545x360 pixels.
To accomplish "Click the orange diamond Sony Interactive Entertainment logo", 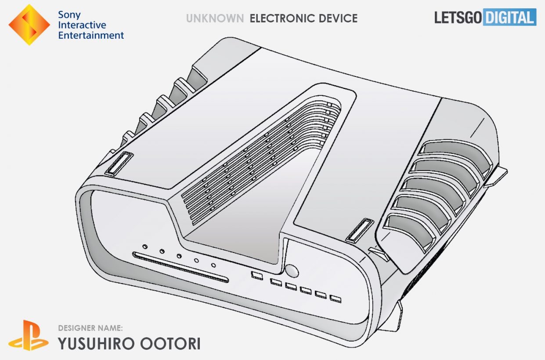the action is click(29, 25).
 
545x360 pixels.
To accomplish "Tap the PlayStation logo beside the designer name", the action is click(29, 335).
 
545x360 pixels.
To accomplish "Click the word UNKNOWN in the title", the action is click(215, 18).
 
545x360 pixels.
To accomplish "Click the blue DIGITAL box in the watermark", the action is click(509, 17).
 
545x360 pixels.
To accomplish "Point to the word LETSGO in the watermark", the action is click(458, 18).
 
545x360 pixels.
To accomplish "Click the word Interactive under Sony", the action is click(82, 25).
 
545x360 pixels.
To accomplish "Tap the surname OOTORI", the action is click(170, 343).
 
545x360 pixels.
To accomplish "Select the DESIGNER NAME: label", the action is click(90, 328).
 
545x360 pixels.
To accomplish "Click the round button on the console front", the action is click(292, 271).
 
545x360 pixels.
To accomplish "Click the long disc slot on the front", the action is click(180, 267).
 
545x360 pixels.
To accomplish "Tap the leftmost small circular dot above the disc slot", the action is click(145, 247).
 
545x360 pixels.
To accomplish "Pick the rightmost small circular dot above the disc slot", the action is click(213, 265).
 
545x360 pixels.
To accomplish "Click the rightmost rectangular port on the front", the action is click(336, 298).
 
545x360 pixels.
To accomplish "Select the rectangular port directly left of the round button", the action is click(257, 276).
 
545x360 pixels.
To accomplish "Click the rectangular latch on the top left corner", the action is click(119, 164).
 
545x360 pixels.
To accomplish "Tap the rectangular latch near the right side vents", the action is click(360, 230).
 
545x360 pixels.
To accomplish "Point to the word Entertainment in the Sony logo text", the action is click(91, 36).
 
